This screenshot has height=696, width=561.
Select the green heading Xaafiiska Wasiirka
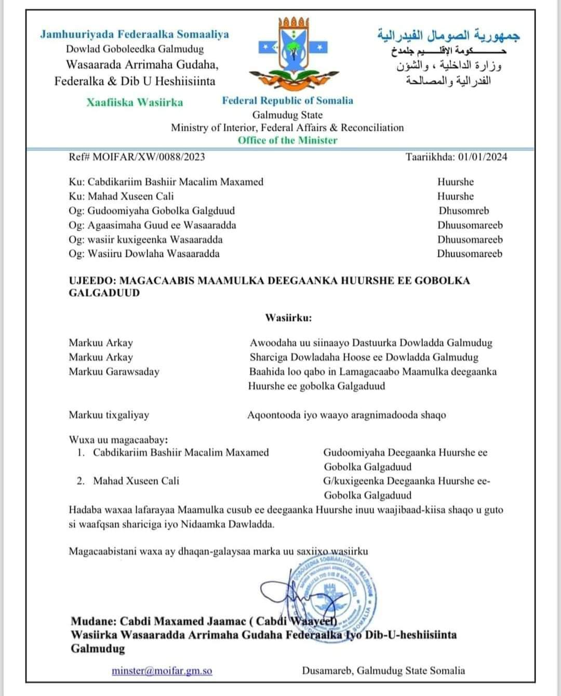coord(135,102)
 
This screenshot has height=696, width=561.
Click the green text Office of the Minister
coord(287,140)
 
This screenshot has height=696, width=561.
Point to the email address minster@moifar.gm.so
coord(162,671)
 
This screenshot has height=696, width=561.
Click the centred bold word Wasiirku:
coord(288,318)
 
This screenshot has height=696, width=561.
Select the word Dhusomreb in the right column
coord(464,211)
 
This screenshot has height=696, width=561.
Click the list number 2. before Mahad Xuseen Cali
coord(81,481)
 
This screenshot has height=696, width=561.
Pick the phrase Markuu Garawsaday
coord(114,372)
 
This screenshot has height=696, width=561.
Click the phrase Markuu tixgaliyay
coord(109,415)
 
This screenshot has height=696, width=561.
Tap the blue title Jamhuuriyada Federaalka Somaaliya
coord(135,35)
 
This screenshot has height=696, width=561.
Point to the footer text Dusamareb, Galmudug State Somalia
coord(383,671)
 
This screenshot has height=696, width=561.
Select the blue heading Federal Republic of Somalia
coord(287,101)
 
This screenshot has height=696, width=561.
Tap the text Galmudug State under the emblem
coord(287,115)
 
